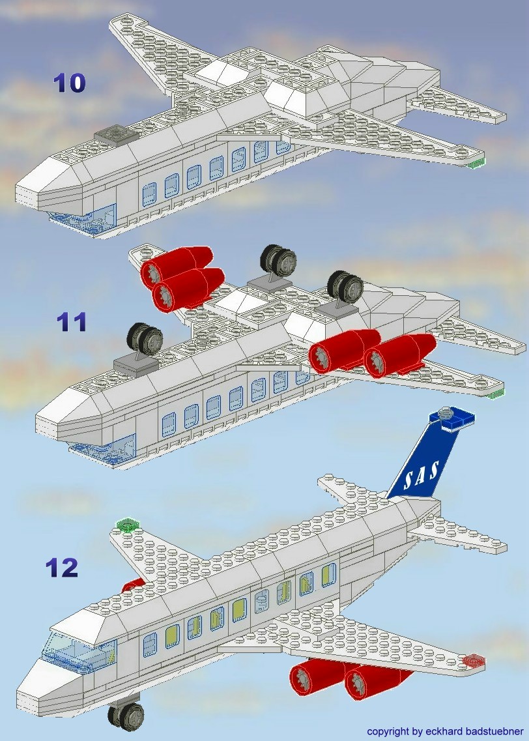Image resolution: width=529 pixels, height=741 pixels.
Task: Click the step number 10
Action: [69, 83]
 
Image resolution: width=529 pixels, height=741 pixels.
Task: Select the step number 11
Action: [72, 322]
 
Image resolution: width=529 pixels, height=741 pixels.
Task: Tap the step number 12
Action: [62, 567]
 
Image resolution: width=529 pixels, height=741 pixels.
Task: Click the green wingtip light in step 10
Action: [478, 162]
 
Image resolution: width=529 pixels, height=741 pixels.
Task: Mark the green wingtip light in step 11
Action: [496, 392]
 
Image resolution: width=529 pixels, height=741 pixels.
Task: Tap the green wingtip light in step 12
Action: [128, 525]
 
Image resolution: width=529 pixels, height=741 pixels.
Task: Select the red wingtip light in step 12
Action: [474, 661]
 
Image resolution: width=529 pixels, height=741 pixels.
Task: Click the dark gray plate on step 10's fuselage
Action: [115, 134]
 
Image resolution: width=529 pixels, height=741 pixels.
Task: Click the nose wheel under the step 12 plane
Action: [126, 715]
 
